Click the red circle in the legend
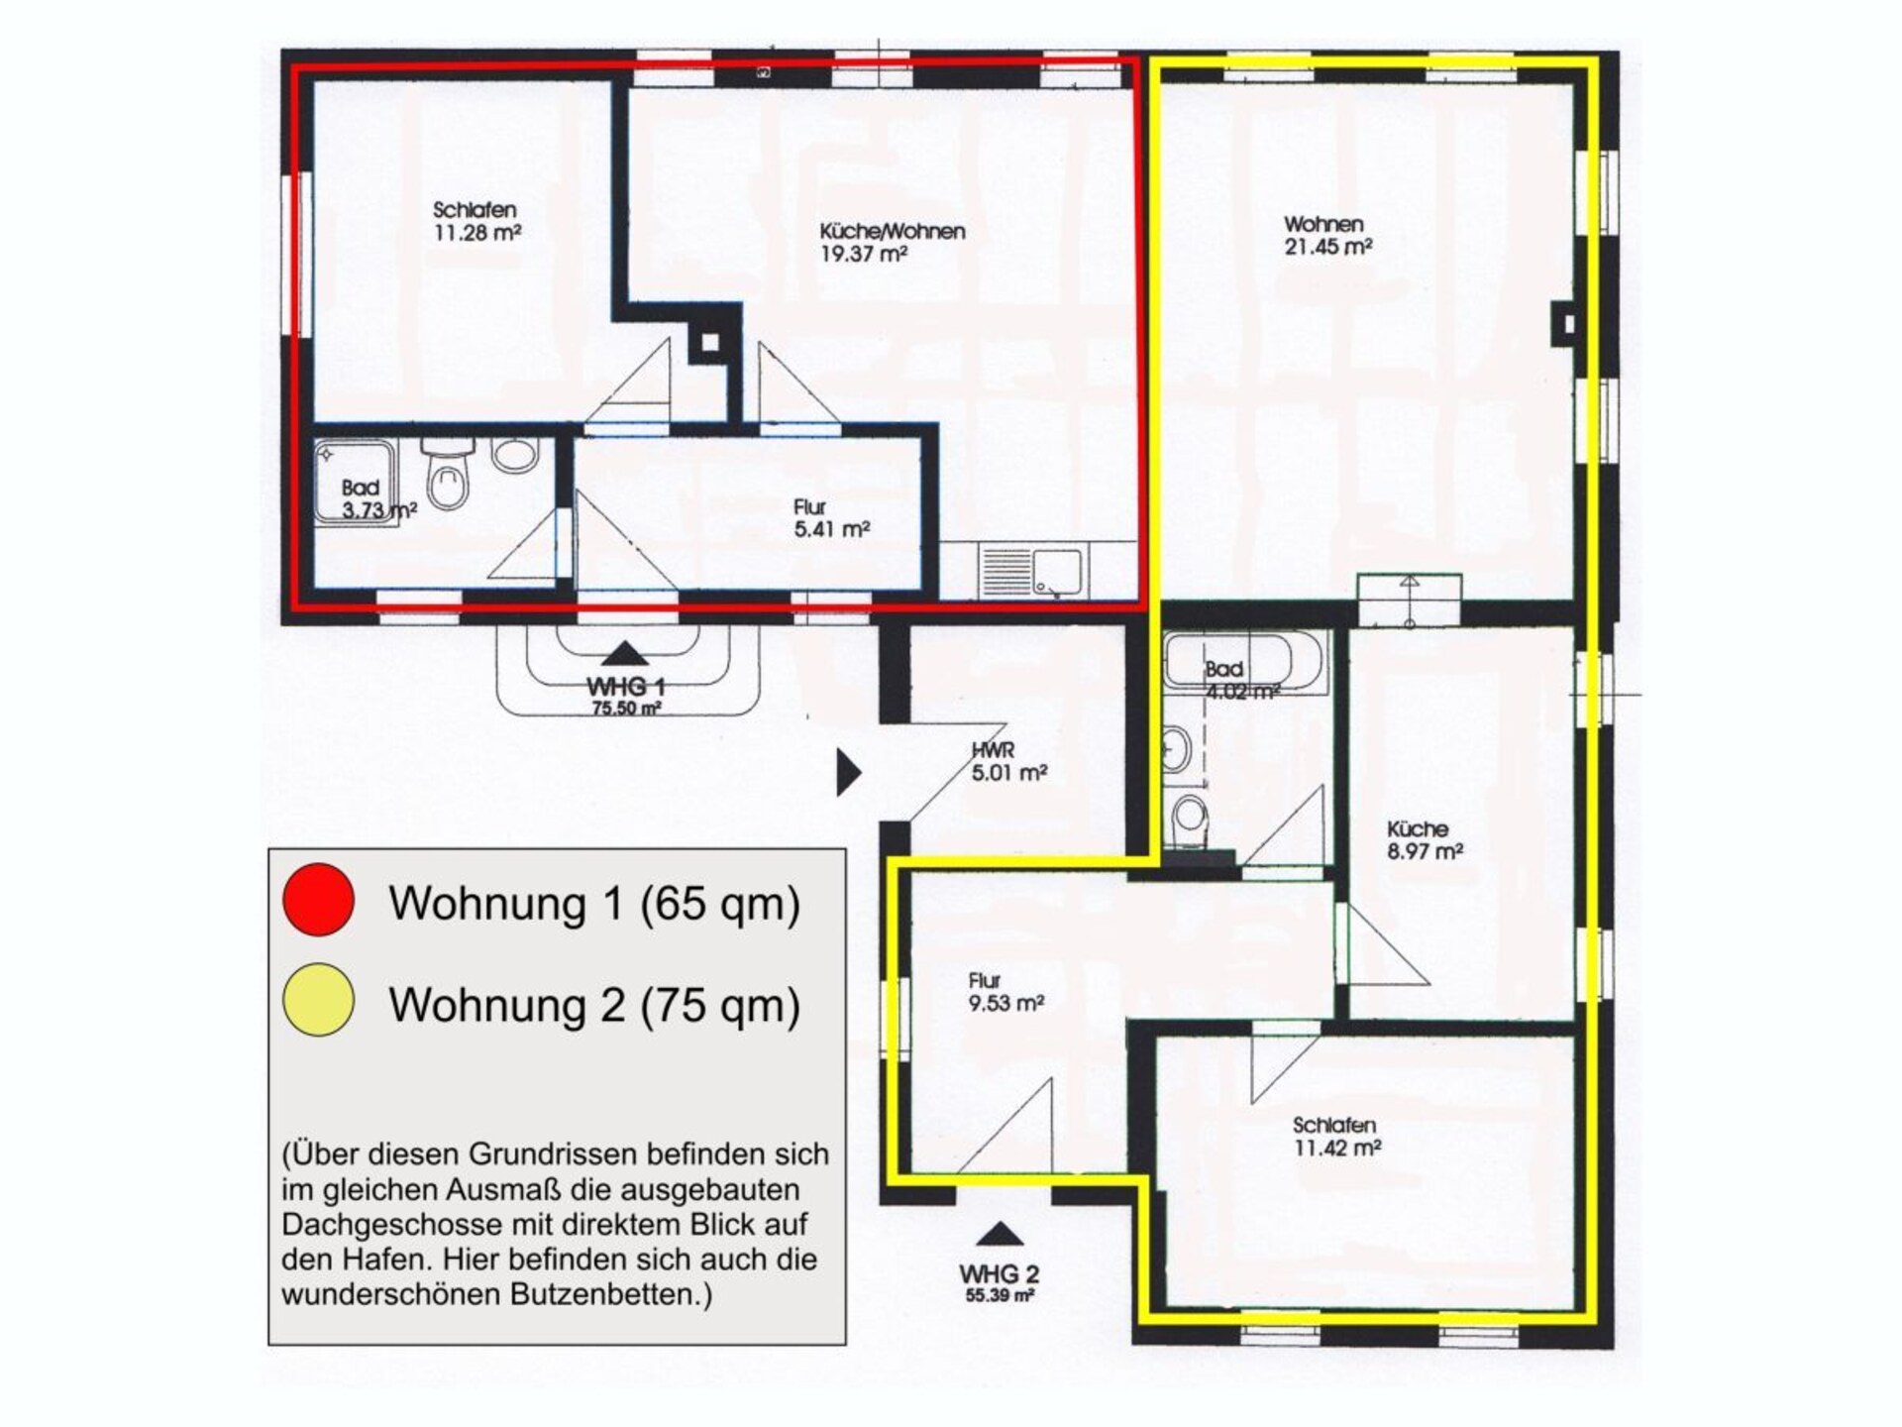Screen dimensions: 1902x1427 [318, 899]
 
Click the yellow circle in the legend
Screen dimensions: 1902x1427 [318, 1000]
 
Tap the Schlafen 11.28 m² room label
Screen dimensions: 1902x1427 [476, 221]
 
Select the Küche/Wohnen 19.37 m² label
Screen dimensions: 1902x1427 [892, 242]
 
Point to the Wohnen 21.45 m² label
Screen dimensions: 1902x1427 [1327, 236]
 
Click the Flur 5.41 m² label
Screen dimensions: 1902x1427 [831, 518]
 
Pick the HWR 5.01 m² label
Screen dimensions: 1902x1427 [1008, 762]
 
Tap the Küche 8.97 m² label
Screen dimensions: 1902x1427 [1425, 839]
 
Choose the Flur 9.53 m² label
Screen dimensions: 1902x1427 [1005, 992]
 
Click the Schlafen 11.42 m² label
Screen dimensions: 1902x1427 [1336, 1137]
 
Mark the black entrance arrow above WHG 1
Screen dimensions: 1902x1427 [624, 653]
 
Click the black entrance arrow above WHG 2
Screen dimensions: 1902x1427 [1000, 1234]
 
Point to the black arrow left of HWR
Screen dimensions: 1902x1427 [849, 773]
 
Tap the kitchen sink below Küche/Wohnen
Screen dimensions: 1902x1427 [1033, 571]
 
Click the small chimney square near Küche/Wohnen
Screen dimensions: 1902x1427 [709, 344]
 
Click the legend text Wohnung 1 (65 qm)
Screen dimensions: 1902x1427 [594, 903]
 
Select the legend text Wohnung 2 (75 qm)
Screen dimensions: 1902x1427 [594, 1004]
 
